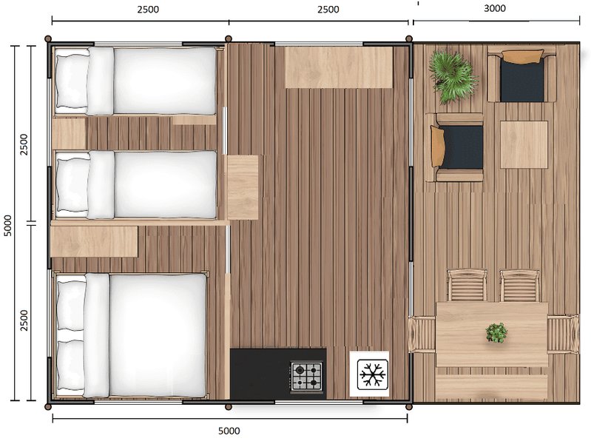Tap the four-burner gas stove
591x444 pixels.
tap(307, 376)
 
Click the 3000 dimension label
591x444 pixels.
tap(495, 9)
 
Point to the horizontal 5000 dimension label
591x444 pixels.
tap(229, 431)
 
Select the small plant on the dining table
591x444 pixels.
tap(497, 332)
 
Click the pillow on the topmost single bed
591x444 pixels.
tap(72, 80)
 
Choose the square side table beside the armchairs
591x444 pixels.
tap(524, 144)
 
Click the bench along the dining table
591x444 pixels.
tap(492, 386)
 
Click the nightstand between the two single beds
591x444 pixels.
tap(69, 133)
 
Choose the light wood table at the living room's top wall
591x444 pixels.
tap(338, 67)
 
